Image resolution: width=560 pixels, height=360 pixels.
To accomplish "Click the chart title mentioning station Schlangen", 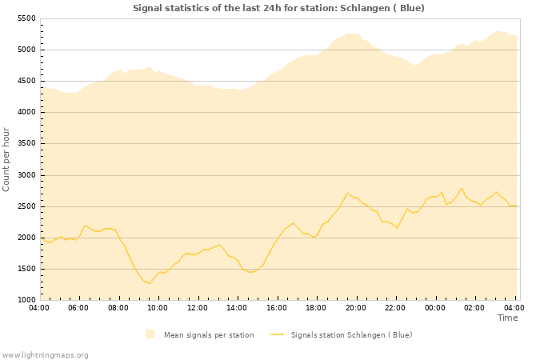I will click(278, 8).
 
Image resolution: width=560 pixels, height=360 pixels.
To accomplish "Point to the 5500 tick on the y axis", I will click(26, 18).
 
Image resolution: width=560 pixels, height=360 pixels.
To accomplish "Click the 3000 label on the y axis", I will click(26, 175).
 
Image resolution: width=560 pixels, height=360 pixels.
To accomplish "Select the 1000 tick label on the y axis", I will click(26, 300).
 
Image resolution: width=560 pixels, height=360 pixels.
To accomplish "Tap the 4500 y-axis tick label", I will click(26, 81).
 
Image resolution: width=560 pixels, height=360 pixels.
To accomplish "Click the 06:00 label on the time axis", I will click(78, 307).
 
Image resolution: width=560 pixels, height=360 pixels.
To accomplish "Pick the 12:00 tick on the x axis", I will click(198, 307).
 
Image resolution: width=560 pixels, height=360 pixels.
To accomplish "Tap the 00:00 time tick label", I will click(435, 307).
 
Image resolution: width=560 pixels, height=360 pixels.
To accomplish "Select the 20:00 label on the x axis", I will click(356, 307).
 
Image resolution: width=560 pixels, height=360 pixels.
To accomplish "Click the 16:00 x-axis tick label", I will click(277, 307).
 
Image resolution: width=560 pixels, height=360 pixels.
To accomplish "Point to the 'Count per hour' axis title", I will click(6, 159).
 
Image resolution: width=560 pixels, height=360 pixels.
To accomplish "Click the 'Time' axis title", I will click(507, 318).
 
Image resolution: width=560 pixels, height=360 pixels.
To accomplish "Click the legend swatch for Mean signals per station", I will click(150, 334).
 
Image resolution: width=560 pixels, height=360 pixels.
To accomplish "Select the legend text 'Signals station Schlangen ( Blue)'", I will click(351, 334).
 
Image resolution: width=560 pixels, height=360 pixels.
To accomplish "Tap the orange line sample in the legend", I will click(278, 334).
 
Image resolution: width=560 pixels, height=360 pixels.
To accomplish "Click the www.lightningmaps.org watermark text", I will click(46, 354).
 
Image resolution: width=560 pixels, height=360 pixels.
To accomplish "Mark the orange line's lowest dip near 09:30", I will click(150, 283).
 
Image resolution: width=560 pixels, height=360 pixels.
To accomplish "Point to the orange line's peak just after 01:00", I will click(462, 189).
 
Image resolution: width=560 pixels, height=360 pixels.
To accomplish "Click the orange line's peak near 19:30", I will click(347, 193).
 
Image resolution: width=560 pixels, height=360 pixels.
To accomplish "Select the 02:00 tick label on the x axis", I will click(475, 307).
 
